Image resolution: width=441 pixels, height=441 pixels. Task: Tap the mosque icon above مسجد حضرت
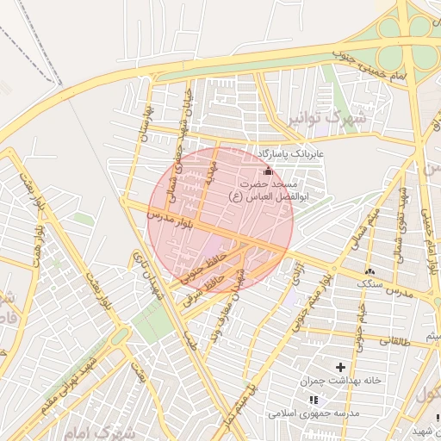click(268, 171)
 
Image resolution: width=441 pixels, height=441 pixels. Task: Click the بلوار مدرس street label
click(169, 220)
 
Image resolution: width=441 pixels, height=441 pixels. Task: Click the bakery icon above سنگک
click(370, 270)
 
